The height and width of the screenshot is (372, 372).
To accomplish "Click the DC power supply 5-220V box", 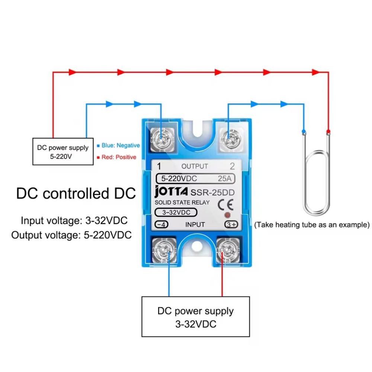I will tap(63, 152).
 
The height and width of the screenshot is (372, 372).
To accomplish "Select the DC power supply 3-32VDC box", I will tap(195, 317).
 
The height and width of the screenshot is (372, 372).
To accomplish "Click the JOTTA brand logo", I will tap(171, 192).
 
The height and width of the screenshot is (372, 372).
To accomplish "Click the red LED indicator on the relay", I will tap(227, 215).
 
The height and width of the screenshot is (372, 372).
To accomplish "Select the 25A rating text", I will tap(224, 178).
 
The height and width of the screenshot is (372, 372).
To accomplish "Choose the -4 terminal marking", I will tap(162, 224).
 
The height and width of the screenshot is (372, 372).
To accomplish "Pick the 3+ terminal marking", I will tap(231, 224).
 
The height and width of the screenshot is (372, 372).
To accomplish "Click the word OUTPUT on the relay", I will tap(195, 166).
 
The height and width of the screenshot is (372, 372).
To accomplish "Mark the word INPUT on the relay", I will tap(195, 224).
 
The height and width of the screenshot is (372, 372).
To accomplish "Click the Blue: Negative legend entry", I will tap(118, 145).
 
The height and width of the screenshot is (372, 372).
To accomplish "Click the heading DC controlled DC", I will tap(76, 194).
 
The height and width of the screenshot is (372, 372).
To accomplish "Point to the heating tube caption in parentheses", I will tap(312, 224).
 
